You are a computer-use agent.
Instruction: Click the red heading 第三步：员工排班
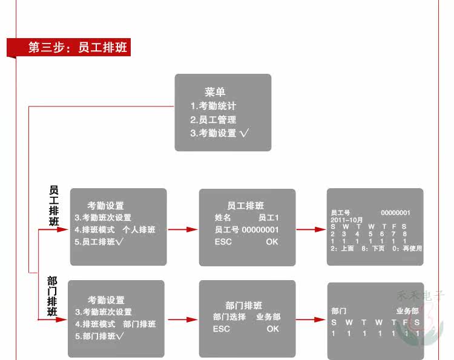coord(77,48)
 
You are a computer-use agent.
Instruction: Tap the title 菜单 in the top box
coord(215,93)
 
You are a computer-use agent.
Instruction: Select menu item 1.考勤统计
coord(213,106)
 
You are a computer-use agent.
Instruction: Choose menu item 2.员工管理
coord(213,120)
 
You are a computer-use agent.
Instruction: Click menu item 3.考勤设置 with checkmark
coord(220,133)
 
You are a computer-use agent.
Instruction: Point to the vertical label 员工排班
coord(53,206)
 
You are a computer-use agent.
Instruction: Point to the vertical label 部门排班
coord(53,296)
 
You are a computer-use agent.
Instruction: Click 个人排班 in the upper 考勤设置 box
coord(139,230)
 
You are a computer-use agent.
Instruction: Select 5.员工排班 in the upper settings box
coord(99,242)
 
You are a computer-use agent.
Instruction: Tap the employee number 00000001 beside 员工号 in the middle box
coord(260,230)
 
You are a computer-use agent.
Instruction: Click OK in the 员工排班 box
coord(272,242)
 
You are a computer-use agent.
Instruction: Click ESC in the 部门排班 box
coord(222,329)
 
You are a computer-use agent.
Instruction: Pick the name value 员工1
coord(268,218)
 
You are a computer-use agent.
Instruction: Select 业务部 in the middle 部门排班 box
coord(268,317)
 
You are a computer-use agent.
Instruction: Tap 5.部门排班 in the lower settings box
coord(99,336)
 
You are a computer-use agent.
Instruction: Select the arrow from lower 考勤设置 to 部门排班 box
coord(182,319)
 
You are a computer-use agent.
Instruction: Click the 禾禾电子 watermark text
coord(420,296)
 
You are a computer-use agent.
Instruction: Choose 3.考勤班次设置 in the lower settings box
coord(104,312)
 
